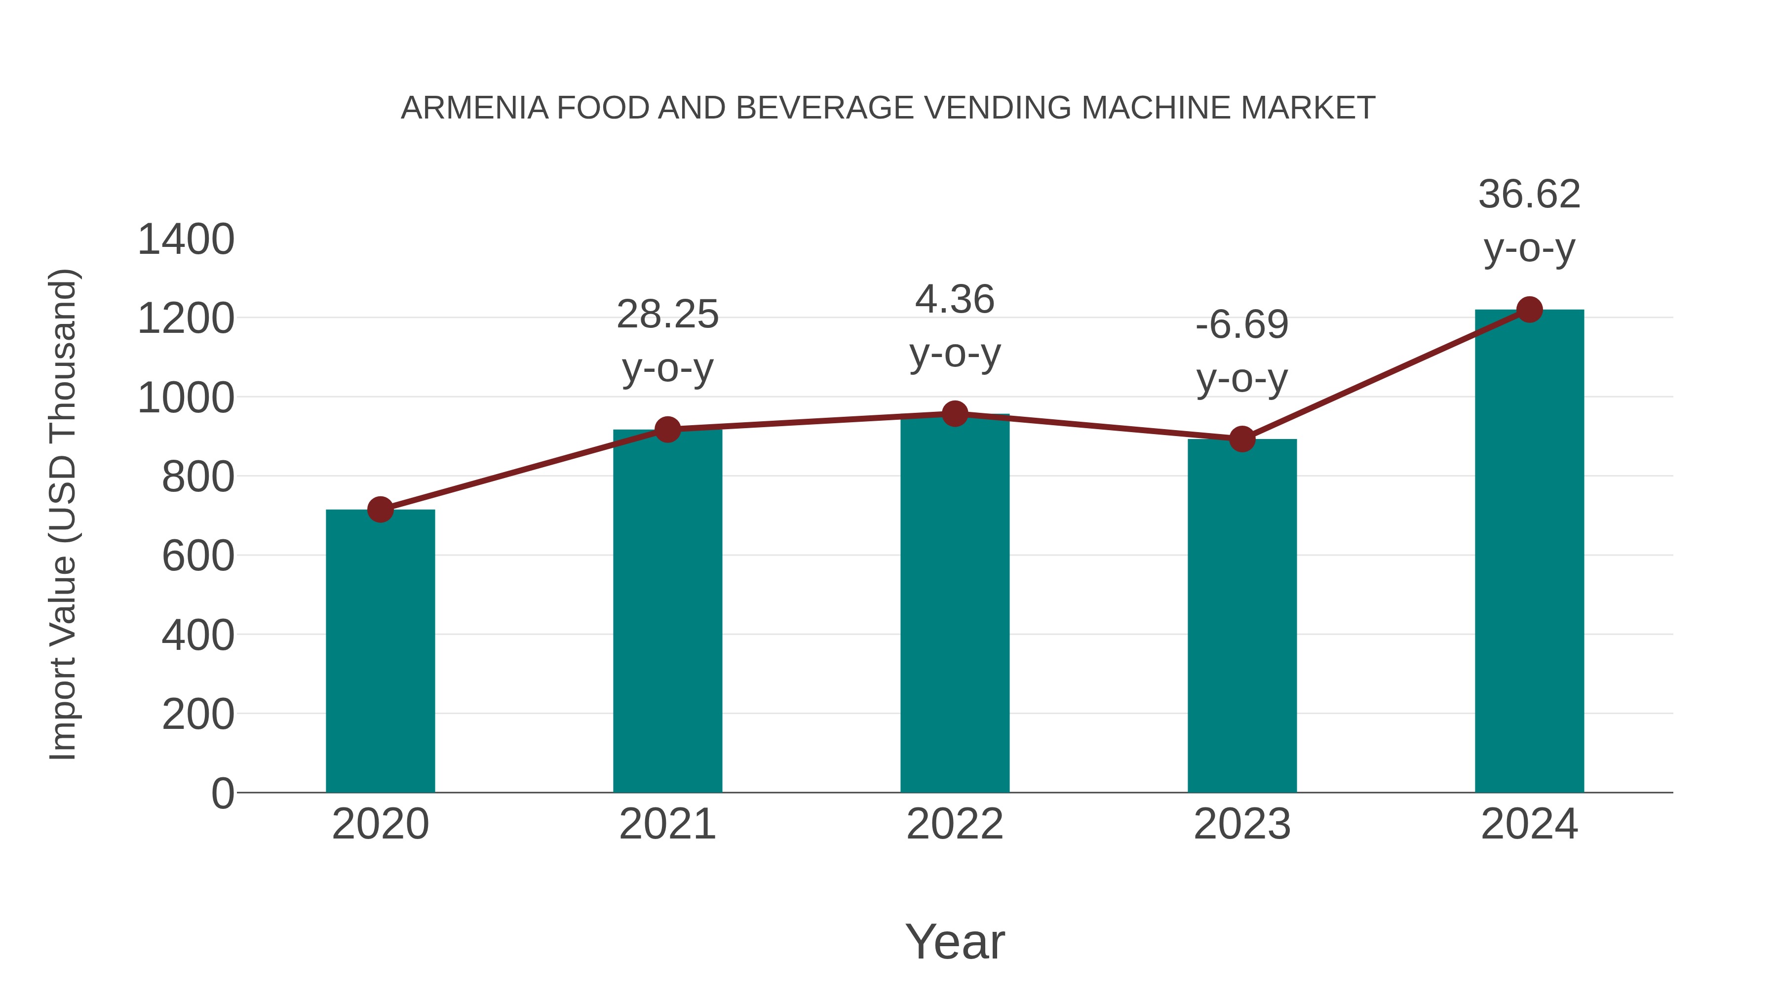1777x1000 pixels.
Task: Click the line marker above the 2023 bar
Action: pos(1242,439)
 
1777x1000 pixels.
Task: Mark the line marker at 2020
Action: pos(380,510)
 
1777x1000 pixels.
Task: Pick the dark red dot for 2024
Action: pos(1529,310)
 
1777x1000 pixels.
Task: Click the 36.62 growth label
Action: pos(1529,195)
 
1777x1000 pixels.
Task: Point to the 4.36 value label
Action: pos(955,300)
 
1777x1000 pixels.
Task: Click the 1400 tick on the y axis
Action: pos(186,240)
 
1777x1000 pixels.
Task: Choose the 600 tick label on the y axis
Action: pos(198,556)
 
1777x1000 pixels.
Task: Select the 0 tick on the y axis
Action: pos(223,794)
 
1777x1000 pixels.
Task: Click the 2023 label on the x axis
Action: pos(1242,825)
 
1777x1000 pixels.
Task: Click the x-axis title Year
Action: pos(955,942)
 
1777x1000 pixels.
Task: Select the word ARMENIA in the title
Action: pos(474,108)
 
